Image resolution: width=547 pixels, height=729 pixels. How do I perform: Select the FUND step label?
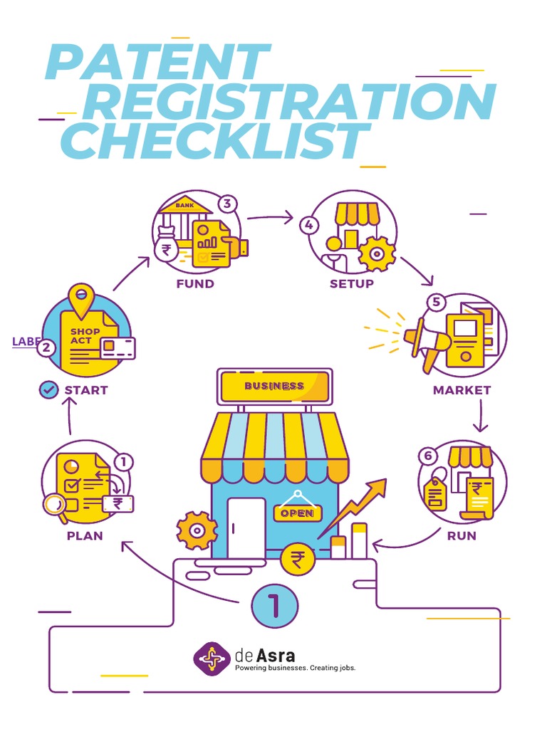pyautogui.click(x=195, y=283)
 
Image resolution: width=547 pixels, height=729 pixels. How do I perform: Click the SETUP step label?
pyautogui.click(x=351, y=283)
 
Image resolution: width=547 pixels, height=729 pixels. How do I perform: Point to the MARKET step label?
pyautogui.click(x=462, y=390)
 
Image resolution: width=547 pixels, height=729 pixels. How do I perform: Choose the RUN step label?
pyautogui.click(x=461, y=535)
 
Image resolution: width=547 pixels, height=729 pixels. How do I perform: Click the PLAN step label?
pyautogui.click(x=85, y=535)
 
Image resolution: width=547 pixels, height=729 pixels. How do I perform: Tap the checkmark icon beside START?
pyautogui.click(x=48, y=389)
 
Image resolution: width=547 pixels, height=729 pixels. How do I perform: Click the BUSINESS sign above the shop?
pyautogui.click(x=274, y=387)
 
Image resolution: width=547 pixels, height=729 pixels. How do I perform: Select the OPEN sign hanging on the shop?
pyautogui.click(x=297, y=513)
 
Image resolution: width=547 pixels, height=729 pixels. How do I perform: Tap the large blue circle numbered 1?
pyautogui.click(x=274, y=607)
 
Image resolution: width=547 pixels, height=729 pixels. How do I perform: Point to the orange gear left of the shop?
pyautogui.click(x=197, y=530)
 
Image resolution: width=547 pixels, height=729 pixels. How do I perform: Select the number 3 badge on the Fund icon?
pyautogui.click(x=226, y=204)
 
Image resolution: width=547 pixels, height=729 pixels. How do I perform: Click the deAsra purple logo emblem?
pyautogui.click(x=212, y=659)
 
